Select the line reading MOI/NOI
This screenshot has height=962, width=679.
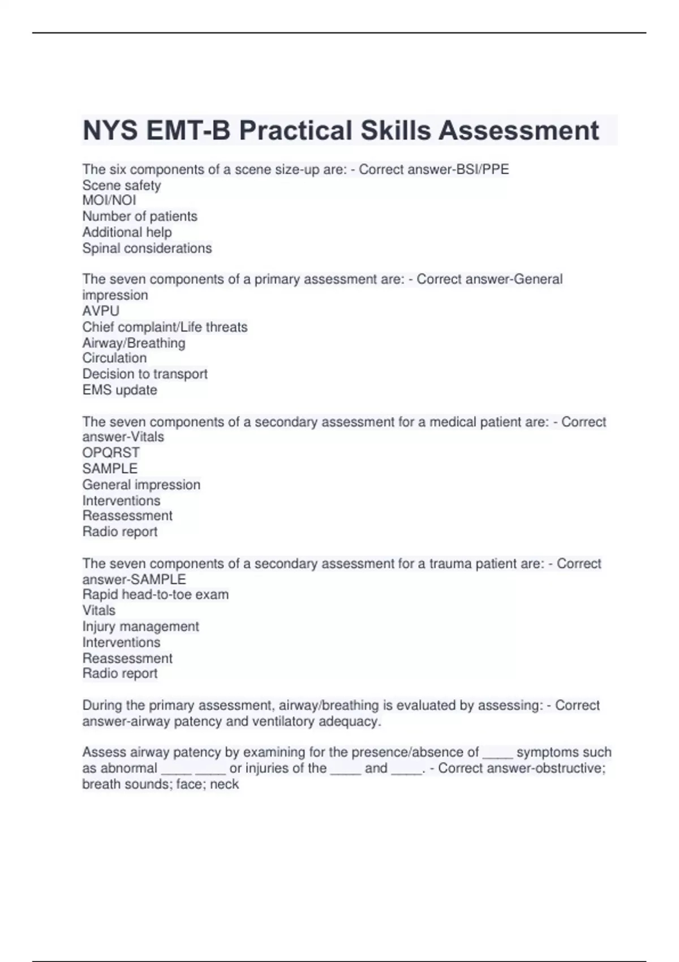pos(109,200)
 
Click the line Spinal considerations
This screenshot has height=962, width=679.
pos(147,248)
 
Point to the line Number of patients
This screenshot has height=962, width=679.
pos(140,216)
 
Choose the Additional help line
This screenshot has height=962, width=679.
pos(127,232)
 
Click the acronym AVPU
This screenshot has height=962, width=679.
pos(101,311)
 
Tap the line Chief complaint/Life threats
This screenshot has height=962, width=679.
pos(165,327)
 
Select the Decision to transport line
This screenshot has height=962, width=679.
pos(145,374)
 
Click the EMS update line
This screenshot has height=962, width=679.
pos(119,390)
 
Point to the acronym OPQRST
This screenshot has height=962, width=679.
pos(111,453)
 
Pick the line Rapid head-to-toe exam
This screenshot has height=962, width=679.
pos(156,595)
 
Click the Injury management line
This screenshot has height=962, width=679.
pos(140,626)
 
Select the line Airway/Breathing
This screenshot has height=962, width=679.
pos(134,343)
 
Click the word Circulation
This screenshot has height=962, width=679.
pos(114,358)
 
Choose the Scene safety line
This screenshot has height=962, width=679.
pos(122,185)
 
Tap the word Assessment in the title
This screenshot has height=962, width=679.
pos(518,131)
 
